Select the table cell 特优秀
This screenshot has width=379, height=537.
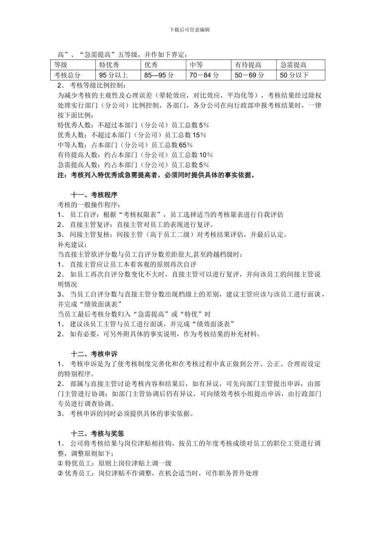coord(109,65)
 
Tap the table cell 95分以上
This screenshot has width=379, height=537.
coord(113,75)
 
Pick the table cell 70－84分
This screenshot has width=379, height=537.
coord(204,75)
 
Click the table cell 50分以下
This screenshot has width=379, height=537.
coord(294,75)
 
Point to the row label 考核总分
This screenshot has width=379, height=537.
coord(67,75)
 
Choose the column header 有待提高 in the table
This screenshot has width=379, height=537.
coord(248,65)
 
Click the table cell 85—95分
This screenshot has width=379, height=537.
coord(159,75)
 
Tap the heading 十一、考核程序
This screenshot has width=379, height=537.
coord(94,195)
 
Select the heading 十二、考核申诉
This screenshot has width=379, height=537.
coord(94,354)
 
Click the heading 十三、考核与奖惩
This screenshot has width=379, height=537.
coord(97,433)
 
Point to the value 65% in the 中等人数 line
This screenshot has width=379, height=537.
coord(186,145)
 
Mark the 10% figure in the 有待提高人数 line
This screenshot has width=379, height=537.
coord(205,155)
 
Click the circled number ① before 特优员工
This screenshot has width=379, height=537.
coord(61,463)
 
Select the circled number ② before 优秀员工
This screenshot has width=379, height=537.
coord(61,473)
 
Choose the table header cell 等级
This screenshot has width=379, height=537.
coord(61,65)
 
